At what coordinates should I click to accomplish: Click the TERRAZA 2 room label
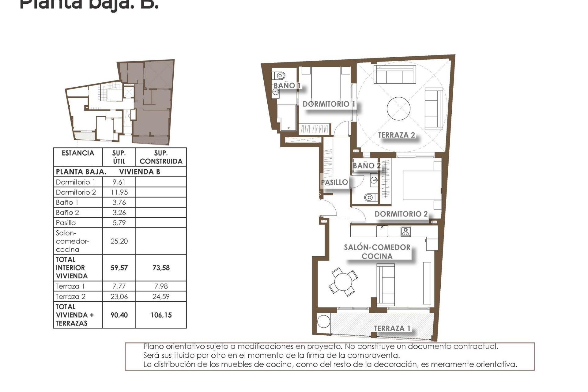[x=396, y=135]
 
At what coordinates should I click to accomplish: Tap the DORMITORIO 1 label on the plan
[x=329, y=104]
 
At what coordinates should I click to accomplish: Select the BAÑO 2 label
[x=366, y=166]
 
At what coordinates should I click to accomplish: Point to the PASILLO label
[x=334, y=182]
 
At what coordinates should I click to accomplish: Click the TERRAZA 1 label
[x=392, y=328]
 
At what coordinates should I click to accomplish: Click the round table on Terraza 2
[x=398, y=109]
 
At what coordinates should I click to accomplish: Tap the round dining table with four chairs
[x=343, y=281]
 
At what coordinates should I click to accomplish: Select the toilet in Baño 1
[x=279, y=75]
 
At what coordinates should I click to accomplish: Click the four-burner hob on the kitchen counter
[x=405, y=232]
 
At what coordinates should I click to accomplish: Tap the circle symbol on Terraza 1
[x=323, y=321]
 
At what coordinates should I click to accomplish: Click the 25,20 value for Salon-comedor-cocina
[x=119, y=241]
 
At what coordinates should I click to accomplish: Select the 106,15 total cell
[x=161, y=315]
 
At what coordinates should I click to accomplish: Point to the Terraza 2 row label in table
[x=71, y=296]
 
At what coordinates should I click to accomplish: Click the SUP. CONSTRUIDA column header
[x=161, y=157]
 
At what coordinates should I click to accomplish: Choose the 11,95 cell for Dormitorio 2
[x=119, y=192]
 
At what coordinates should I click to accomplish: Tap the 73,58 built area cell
[x=161, y=268]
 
